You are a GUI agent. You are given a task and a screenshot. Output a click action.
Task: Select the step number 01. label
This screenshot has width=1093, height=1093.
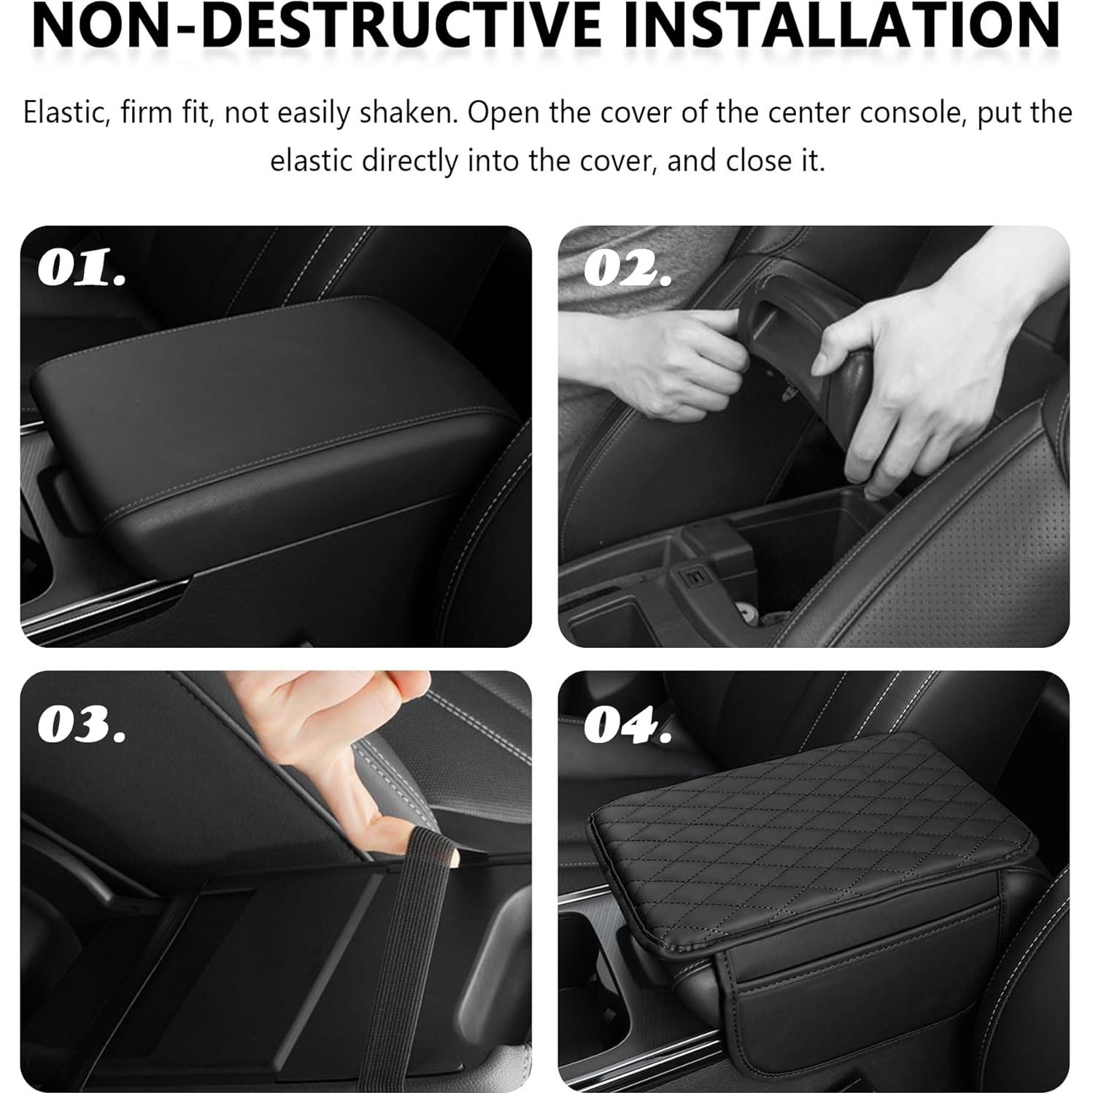point(82,269)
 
